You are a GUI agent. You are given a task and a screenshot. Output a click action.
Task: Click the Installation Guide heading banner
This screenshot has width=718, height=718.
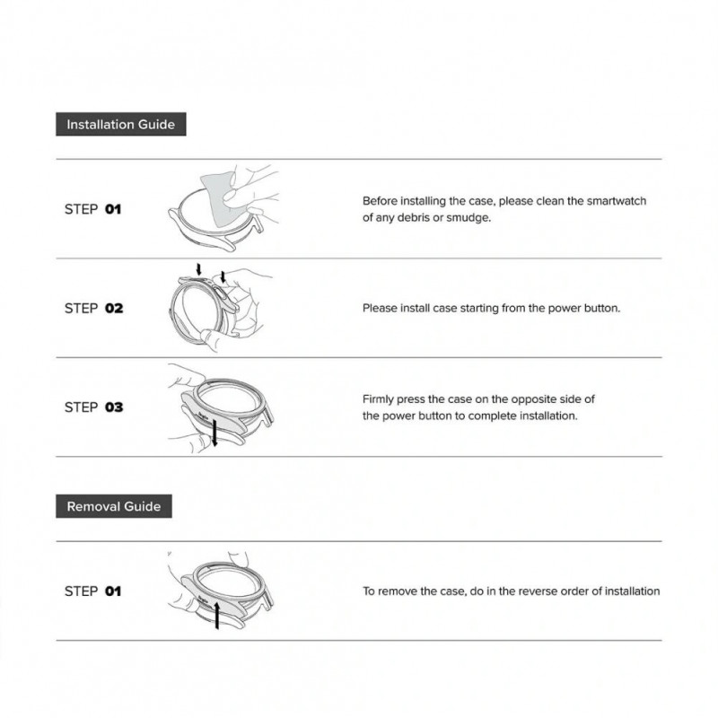tap(121, 124)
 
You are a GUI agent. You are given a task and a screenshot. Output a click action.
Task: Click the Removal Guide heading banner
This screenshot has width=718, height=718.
tap(114, 506)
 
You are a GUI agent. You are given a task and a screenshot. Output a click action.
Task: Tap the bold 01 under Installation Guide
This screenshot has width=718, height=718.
tap(113, 209)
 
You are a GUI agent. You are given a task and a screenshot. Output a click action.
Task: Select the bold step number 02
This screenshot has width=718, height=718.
tap(114, 308)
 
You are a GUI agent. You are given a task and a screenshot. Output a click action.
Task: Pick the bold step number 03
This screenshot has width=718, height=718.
tap(114, 407)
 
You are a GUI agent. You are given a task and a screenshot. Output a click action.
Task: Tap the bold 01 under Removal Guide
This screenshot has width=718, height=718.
tap(113, 591)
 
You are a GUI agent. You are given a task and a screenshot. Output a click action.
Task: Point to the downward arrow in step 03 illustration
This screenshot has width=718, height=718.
tap(215, 433)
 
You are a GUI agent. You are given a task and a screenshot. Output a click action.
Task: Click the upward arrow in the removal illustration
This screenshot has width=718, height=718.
tap(217, 616)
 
